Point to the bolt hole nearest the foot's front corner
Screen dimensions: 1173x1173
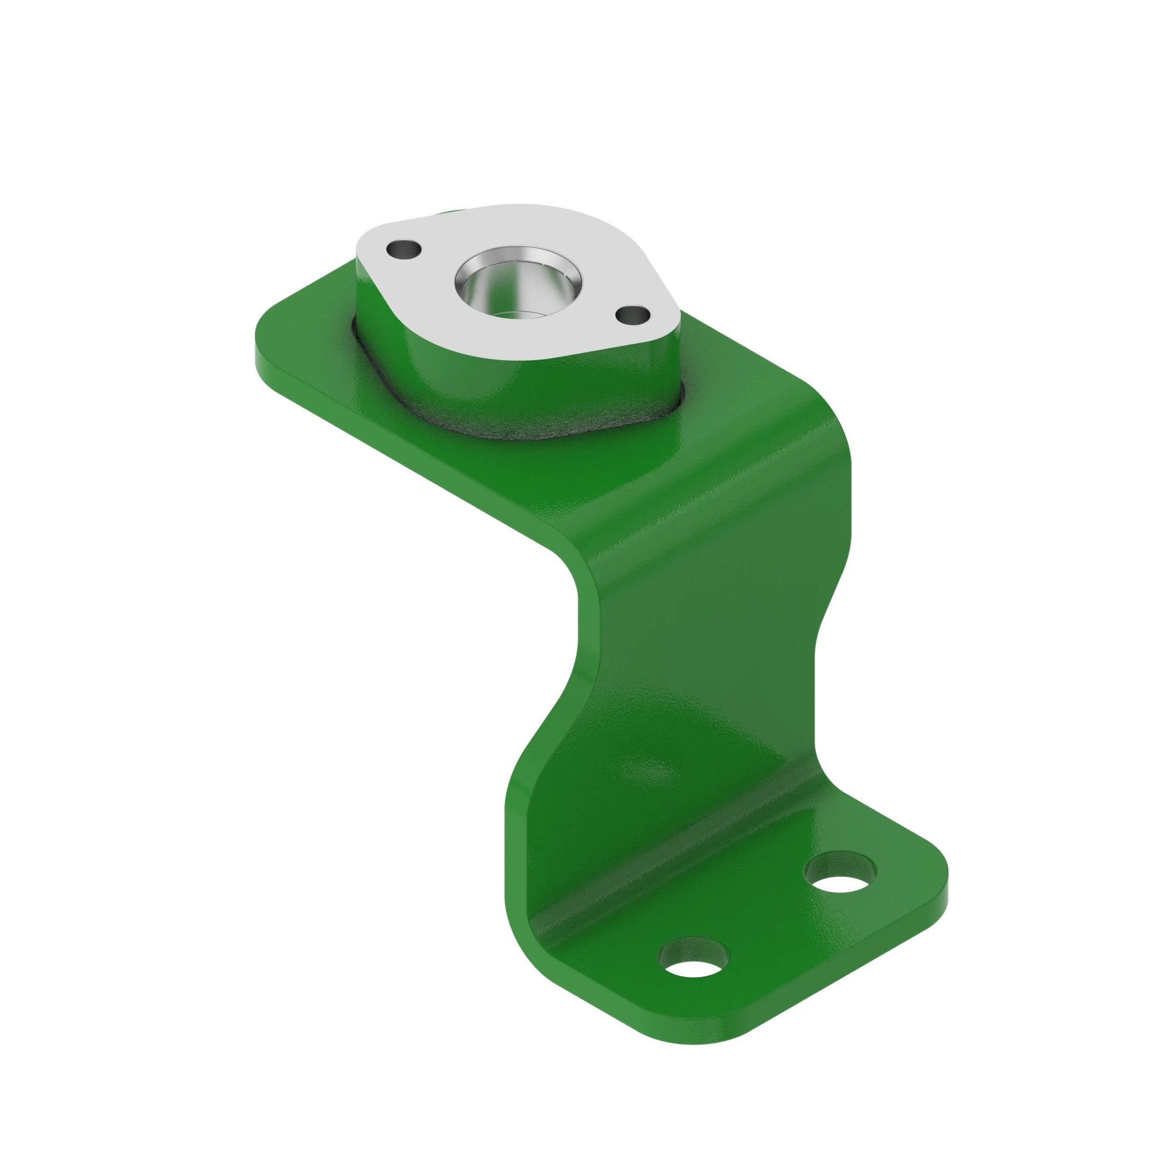693,965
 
